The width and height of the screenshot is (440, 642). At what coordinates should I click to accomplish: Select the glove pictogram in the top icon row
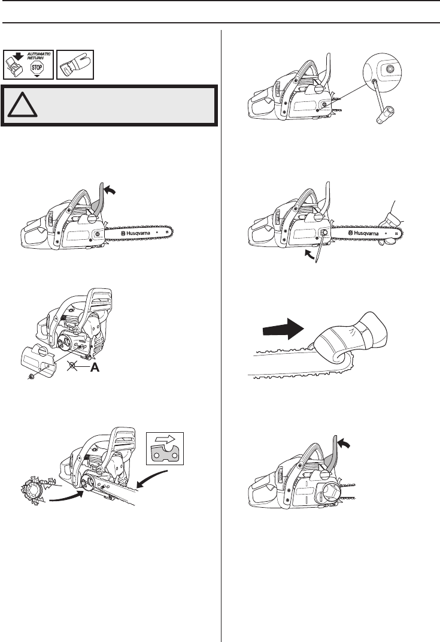click(x=75, y=64)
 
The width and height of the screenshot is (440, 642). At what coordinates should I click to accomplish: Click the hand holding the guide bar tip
click(x=395, y=225)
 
